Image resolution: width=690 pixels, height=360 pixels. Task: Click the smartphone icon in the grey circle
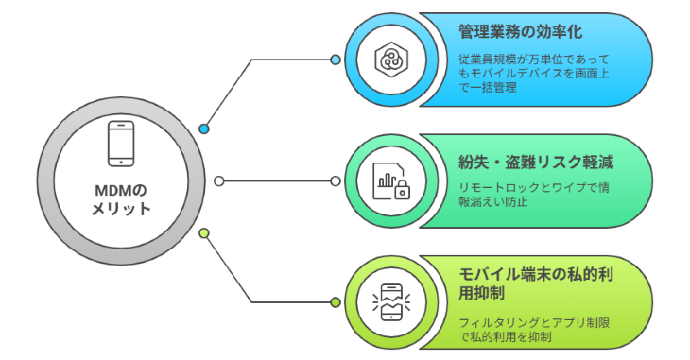120,142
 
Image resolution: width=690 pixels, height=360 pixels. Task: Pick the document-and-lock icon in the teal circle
389,180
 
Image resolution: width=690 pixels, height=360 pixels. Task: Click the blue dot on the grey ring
204,129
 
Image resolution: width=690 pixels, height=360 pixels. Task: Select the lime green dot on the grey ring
204,231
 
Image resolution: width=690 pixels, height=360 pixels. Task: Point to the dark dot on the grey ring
219,180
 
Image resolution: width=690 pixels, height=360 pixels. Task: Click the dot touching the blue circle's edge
335,60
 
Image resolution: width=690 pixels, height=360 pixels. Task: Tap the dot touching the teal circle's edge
334,180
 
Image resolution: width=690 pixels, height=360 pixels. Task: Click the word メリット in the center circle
121,208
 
